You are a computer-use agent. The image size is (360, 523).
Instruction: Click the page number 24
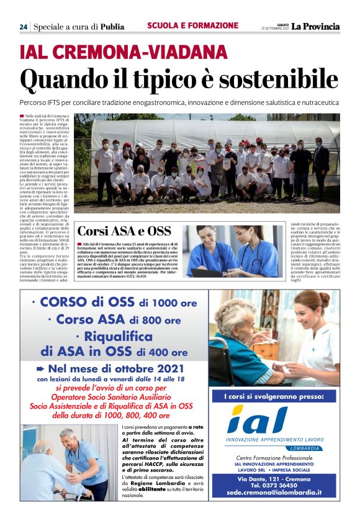(x=23, y=27)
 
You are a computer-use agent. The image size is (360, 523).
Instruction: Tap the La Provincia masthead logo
(x=317, y=26)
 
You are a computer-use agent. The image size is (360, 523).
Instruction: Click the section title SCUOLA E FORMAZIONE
(x=192, y=25)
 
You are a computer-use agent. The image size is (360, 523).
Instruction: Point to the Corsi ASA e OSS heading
(x=124, y=231)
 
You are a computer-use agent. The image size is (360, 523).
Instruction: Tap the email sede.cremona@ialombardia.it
(x=274, y=492)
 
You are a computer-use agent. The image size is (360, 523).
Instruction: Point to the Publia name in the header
(x=112, y=27)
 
